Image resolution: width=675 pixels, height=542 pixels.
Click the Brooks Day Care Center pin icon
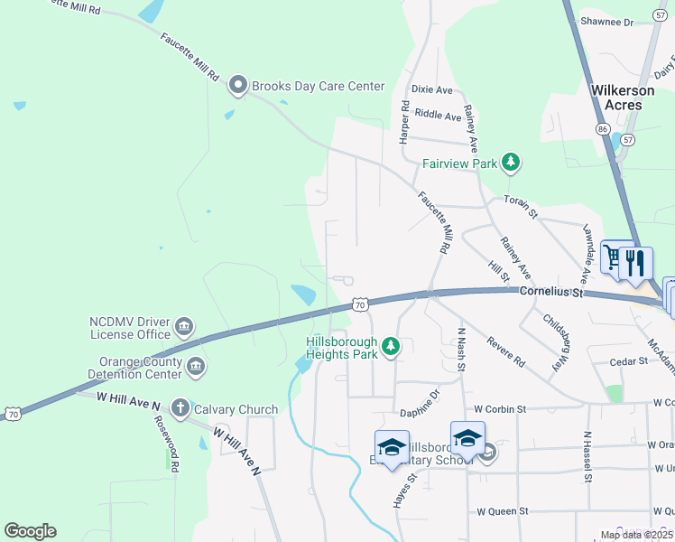point(238,86)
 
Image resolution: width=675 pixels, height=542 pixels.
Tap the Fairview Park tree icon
point(512,164)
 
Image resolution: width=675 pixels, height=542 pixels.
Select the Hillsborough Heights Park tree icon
point(391,346)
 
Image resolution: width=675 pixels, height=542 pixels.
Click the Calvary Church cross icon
point(180,409)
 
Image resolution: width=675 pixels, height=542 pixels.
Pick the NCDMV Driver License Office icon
point(184,326)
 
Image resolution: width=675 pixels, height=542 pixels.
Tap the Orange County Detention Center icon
point(195,367)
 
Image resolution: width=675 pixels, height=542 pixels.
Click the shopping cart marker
point(615,259)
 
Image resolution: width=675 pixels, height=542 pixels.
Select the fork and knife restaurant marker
point(636,263)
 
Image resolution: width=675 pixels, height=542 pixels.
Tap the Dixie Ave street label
point(432,89)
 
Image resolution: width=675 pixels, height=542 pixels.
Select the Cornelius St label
point(552,293)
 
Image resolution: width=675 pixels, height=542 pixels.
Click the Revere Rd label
point(505,350)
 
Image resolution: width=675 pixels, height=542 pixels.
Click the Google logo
point(30,531)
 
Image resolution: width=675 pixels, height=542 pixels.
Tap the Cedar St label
point(629,360)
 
